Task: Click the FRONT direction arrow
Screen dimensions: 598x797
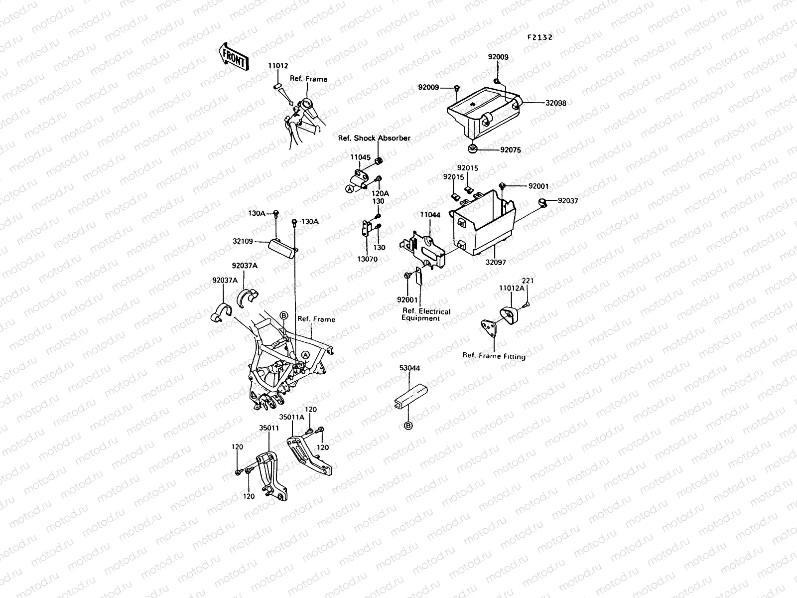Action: click(232, 55)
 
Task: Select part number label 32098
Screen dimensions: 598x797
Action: click(555, 104)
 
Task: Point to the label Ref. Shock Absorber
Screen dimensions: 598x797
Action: click(374, 138)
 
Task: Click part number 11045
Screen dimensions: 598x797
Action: click(360, 157)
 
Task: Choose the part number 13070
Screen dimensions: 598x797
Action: click(368, 259)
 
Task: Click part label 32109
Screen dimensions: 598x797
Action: click(243, 242)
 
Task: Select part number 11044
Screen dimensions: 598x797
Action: click(430, 215)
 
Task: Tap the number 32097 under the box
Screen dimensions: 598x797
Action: click(496, 262)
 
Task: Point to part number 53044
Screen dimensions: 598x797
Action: click(409, 368)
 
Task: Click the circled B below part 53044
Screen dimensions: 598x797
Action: click(408, 426)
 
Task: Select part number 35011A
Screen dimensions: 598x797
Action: click(291, 417)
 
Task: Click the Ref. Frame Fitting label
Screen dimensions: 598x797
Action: click(494, 356)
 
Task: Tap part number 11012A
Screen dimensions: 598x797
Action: click(512, 288)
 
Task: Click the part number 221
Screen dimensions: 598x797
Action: click(528, 281)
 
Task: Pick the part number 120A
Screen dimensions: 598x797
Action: click(380, 193)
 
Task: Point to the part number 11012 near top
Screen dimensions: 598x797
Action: click(278, 66)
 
